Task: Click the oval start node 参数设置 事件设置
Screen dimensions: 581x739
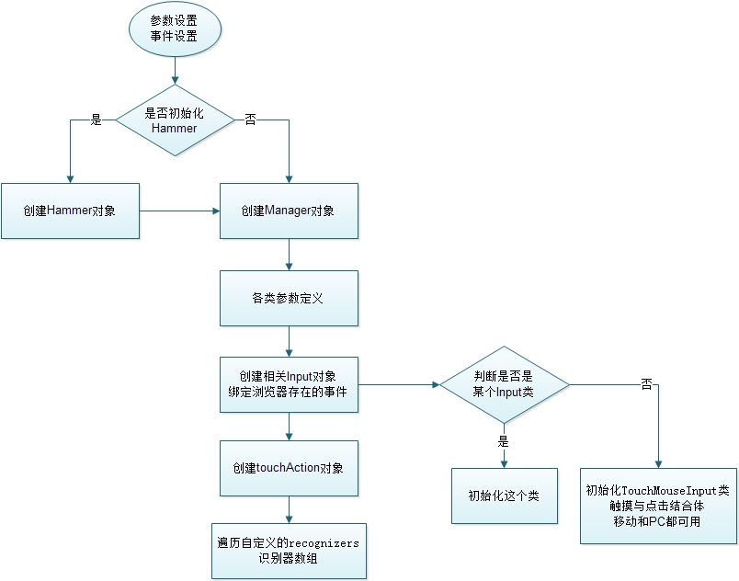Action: click(175, 28)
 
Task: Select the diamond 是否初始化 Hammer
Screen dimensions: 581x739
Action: click(175, 120)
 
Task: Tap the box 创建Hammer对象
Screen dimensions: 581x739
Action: click(70, 211)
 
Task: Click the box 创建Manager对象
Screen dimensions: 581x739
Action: click(289, 211)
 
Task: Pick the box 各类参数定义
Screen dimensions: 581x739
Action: click(289, 298)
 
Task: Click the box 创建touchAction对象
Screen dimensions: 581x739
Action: click(289, 468)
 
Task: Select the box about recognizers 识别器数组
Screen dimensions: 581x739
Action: click(289, 552)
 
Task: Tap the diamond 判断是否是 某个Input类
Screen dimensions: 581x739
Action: click(504, 385)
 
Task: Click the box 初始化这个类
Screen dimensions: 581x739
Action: click(504, 496)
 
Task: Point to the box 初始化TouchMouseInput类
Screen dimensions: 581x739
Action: click(658, 505)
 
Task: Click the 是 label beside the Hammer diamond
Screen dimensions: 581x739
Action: click(96, 120)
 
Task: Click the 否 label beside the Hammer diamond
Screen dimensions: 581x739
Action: click(250, 120)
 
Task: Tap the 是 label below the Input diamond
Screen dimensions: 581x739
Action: click(504, 441)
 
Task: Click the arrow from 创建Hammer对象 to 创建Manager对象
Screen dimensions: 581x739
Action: click(179, 211)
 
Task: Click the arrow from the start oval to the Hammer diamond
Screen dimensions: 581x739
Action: click(175, 70)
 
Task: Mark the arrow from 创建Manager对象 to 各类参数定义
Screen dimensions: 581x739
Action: click(289, 255)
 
